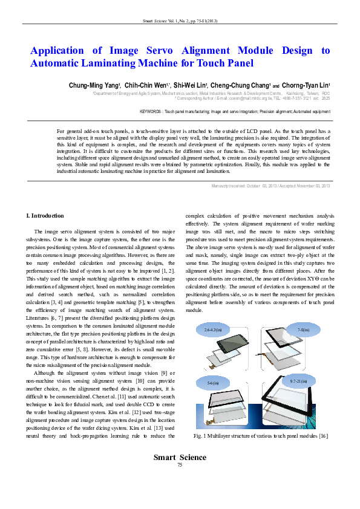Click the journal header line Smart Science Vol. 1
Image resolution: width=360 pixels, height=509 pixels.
tap(180, 21)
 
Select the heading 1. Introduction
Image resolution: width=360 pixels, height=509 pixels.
tap(47, 216)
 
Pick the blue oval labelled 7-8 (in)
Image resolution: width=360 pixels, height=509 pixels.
tap(302, 330)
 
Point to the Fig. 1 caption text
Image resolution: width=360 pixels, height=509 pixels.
tap(261, 436)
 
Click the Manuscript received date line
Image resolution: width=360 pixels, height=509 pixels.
tap(270, 186)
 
